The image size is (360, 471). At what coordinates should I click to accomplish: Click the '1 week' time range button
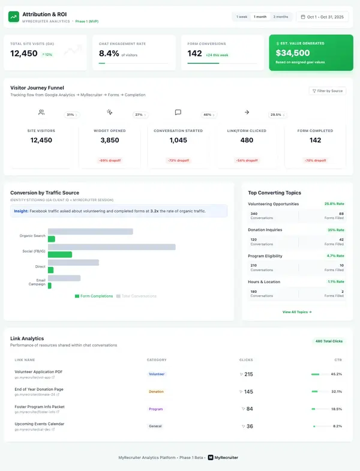click(x=242, y=17)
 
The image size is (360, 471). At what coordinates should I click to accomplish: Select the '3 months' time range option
click(x=281, y=17)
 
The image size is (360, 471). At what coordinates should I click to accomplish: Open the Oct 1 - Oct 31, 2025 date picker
click(x=322, y=17)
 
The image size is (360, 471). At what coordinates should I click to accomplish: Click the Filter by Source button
click(x=327, y=91)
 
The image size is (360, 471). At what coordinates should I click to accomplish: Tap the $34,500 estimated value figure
click(x=293, y=53)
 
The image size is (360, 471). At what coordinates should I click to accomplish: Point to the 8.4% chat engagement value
click(x=108, y=53)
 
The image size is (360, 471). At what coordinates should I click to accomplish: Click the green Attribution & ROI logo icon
click(x=13, y=17)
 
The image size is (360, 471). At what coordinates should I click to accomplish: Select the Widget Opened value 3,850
click(x=109, y=140)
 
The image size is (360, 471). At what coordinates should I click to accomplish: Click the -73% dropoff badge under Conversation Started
click(x=178, y=160)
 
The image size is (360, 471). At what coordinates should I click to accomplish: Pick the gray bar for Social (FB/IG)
click(x=112, y=247)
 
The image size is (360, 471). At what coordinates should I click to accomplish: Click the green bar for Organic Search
click(x=52, y=239)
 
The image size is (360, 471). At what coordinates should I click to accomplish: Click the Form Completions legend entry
click(x=94, y=296)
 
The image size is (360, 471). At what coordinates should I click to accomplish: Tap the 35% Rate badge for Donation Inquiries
click(x=334, y=230)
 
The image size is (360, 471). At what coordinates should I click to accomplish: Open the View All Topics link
click(x=297, y=312)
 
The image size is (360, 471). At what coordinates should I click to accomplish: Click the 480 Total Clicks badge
click(x=329, y=341)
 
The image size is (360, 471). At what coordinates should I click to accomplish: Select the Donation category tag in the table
click(x=156, y=391)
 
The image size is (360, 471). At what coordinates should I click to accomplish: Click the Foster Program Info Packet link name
click(x=40, y=406)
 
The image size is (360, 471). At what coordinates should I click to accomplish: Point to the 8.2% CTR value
click(x=337, y=426)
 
